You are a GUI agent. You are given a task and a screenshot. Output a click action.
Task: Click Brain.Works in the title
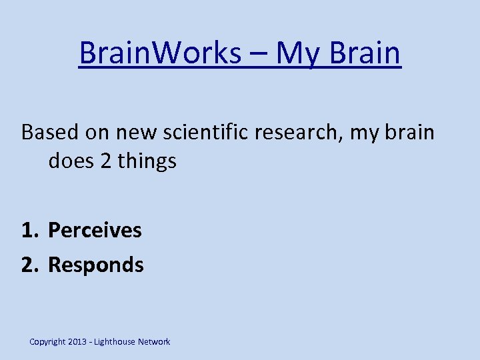tap(159, 53)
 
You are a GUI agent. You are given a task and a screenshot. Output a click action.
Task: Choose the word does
tap(70, 161)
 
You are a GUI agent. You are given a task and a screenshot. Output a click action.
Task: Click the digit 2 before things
tap(105, 161)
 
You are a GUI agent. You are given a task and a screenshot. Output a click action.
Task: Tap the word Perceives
tap(95, 231)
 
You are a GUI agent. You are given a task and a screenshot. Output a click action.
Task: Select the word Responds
tap(96, 265)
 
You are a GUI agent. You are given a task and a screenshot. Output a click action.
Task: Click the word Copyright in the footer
tap(47, 342)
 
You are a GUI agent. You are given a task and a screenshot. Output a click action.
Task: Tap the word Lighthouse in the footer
tap(115, 342)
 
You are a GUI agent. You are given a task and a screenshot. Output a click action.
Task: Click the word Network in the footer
tap(154, 342)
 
